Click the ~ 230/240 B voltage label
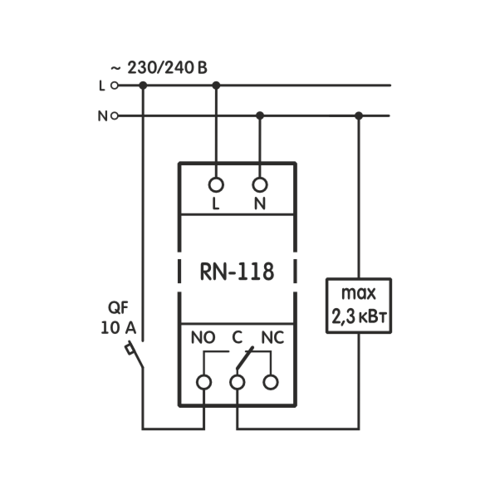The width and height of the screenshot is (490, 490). coord(159,67)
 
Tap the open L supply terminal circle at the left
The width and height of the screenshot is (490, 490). coord(115,86)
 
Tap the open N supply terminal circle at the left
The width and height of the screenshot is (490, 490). coord(115,116)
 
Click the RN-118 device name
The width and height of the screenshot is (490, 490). coord(237,272)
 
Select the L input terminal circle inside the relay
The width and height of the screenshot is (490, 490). coord(216,185)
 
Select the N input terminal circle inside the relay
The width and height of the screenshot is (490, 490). coord(260,185)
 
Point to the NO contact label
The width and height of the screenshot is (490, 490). coord(203,337)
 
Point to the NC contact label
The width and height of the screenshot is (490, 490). coord(272,337)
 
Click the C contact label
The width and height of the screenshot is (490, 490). coord(238,337)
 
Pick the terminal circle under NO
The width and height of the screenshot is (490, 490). coord(203,382)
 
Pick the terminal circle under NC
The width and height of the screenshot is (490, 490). coord(271,382)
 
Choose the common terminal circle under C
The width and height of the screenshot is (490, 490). coord(238,382)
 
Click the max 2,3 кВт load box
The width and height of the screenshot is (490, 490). coord(359,306)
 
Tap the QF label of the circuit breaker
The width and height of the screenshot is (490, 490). coord(118,308)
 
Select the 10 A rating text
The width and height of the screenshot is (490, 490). coord(119,328)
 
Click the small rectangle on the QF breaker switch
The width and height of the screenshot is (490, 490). coord(130,349)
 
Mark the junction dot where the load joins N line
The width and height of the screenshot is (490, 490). coord(359,116)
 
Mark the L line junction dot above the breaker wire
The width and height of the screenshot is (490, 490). coord(143,86)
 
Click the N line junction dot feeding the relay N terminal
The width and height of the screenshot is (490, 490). coord(260,116)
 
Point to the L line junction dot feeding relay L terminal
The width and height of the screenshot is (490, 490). coord(216,86)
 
